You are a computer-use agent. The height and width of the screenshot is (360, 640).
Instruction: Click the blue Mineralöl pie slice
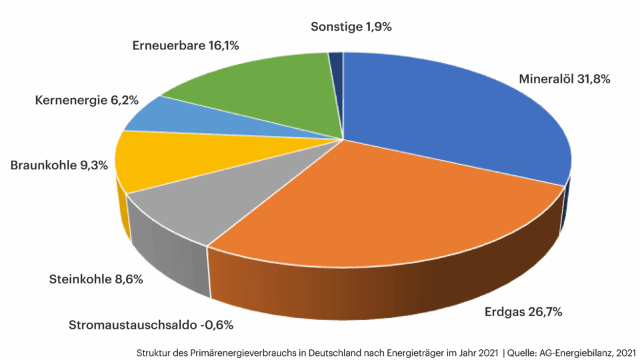point(453,120)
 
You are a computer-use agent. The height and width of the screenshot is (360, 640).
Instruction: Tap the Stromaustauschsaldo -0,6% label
point(151,325)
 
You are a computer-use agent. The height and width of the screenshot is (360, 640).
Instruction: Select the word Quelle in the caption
point(523,351)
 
